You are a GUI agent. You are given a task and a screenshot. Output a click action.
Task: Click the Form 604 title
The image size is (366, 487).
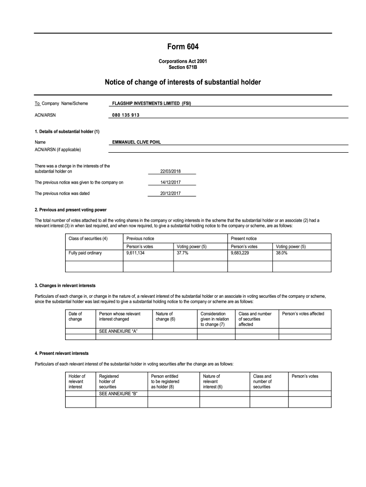[x=183, y=47]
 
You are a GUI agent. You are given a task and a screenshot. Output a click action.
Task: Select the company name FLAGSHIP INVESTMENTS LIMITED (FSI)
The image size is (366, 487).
[x=152, y=103]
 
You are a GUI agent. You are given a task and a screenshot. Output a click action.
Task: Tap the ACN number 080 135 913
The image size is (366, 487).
[x=126, y=115]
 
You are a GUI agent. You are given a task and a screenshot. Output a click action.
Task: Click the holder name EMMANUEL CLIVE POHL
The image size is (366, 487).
[x=140, y=142]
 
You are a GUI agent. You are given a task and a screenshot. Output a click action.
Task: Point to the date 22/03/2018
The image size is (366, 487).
[x=171, y=171]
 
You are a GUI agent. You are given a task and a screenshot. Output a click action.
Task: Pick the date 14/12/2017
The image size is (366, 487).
[x=171, y=182]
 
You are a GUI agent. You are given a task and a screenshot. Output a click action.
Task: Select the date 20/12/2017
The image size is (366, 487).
[x=171, y=194]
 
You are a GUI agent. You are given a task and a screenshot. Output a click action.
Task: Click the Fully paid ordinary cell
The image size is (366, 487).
[x=85, y=253]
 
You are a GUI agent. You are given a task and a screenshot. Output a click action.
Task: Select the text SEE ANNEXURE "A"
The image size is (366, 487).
[x=118, y=331]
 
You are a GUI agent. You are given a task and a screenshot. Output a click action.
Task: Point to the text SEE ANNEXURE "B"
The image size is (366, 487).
[x=118, y=394]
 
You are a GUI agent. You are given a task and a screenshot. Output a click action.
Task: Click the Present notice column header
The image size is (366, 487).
[x=243, y=238]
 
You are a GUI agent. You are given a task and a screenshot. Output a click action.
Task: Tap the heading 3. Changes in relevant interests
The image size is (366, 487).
[x=65, y=285]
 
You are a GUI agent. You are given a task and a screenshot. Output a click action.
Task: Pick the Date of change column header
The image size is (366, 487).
[x=76, y=316]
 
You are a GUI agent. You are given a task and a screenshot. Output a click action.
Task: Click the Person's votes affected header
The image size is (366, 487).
[x=303, y=314]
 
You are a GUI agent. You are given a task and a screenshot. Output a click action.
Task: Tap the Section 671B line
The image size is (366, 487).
[x=183, y=67]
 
